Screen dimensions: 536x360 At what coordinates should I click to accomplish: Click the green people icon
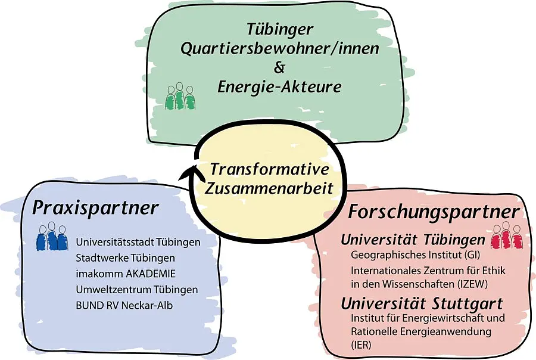click(180, 96)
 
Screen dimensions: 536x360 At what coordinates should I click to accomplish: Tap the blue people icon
click(52, 236)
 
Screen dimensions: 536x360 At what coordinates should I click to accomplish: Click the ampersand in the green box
click(279, 67)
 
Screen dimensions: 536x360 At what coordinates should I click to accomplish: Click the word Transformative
click(269, 169)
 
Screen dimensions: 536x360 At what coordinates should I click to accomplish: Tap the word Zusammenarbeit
click(269, 188)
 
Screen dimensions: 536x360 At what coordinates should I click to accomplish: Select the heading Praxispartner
click(95, 208)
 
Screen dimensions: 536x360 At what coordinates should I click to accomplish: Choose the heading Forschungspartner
click(434, 212)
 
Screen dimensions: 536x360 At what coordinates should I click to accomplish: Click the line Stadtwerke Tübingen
click(125, 257)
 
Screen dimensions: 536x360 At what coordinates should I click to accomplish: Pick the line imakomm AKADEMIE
click(126, 274)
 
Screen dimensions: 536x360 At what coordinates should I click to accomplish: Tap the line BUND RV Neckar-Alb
click(124, 305)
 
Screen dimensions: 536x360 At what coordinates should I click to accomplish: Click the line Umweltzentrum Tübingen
click(137, 290)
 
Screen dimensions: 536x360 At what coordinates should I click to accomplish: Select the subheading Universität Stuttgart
click(422, 304)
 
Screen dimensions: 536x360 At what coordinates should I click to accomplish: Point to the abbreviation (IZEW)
click(472, 284)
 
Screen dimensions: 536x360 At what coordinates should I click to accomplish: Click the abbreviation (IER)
click(361, 345)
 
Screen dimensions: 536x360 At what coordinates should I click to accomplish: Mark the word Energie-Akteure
click(279, 87)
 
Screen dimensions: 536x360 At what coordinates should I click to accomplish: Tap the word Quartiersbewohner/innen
click(280, 49)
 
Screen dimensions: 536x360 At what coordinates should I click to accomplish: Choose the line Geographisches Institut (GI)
click(415, 255)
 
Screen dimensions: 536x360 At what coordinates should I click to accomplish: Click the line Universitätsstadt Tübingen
click(138, 242)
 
